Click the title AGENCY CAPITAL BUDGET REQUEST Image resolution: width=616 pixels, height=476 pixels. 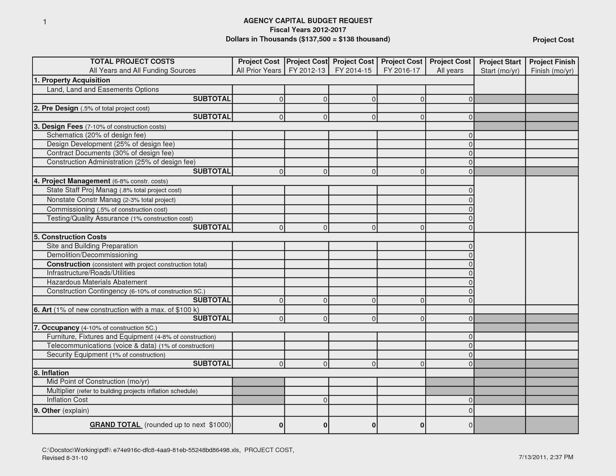(308, 21)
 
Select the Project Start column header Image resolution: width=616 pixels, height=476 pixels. (500, 66)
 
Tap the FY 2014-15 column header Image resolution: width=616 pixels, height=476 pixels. (353, 66)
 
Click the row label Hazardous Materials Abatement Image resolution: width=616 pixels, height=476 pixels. (97, 282)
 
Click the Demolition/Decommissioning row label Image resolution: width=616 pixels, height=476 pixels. (92, 255)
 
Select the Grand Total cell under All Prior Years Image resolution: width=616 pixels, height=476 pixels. (258, 425)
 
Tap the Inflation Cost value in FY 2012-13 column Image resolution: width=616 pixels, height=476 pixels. (307, 400)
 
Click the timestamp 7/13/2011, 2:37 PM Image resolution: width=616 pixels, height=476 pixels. (546, 457)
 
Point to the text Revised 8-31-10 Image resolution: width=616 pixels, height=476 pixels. (65, 458)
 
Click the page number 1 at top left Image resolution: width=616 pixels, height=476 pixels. (44, 22)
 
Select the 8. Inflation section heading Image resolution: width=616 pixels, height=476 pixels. (51, 373)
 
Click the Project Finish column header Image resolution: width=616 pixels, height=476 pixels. (552, 66)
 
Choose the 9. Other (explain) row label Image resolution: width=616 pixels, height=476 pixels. (61, 411)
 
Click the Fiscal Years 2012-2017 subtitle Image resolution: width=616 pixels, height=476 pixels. (308, 30)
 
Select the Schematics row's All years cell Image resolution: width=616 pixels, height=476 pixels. (449, 135)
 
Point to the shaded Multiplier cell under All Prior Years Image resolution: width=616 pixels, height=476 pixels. (258, 391)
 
